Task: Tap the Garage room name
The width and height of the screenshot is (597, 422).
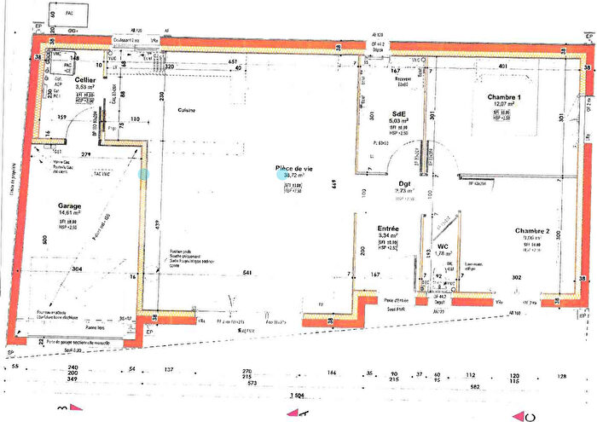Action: pos(70,206)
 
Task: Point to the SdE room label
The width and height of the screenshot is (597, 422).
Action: pos(398,113)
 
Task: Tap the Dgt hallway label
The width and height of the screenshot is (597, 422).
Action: pos(406,183)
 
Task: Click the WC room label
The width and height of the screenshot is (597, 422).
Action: pos(443,246)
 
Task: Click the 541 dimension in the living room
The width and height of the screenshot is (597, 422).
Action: pos(246,273)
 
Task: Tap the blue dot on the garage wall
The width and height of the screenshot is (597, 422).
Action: pos(143,174)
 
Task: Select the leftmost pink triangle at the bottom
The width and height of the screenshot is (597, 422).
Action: pos(61,410)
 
